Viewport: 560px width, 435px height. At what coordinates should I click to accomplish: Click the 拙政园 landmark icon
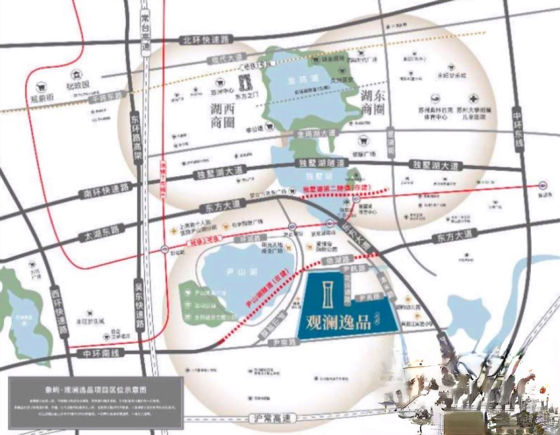point(76,76)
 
